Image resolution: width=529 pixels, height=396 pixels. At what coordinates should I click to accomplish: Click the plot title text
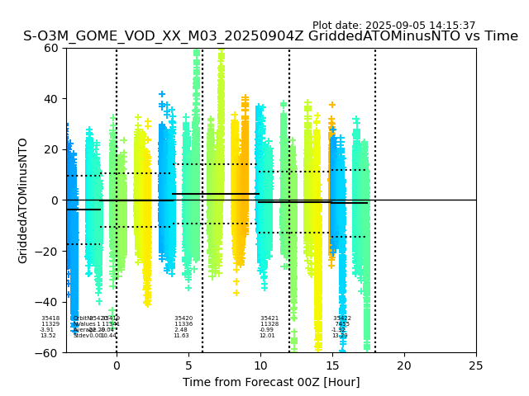270,36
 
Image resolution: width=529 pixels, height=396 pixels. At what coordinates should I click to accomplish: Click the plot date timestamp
393,26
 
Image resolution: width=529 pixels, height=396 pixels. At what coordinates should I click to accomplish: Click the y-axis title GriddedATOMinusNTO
23,200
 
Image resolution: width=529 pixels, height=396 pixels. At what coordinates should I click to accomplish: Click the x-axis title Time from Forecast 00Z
271,382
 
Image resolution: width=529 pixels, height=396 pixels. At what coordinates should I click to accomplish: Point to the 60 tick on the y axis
51,48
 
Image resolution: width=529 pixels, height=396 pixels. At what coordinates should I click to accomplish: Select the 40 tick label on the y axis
51,99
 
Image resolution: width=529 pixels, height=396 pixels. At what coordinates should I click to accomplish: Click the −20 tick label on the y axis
48,251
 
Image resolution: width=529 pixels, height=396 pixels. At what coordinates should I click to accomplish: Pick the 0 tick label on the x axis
117,365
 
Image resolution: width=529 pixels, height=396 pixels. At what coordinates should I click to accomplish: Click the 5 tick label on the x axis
188,365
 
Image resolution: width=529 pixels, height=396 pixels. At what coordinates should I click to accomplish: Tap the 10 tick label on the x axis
260,365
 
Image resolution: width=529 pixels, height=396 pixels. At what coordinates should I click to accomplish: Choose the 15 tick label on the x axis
332,365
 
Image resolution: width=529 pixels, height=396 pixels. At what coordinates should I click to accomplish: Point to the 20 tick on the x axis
404,365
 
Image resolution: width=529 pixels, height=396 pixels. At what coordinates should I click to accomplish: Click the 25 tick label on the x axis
476,365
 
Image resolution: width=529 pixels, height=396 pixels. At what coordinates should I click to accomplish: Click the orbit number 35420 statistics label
183,318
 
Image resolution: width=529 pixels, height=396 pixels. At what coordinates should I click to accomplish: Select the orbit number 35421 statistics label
269,318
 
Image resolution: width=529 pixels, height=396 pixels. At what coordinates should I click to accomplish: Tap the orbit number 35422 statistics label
342,318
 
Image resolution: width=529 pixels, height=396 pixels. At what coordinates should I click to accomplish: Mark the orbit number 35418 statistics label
50,318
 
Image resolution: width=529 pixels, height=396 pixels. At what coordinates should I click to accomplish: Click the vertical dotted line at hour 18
375,165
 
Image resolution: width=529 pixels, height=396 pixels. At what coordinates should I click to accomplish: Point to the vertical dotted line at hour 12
289,165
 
